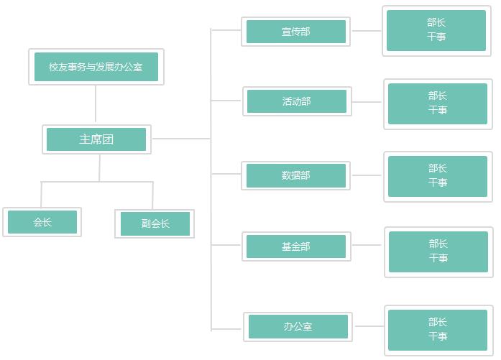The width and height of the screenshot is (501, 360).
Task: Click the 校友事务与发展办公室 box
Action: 96,67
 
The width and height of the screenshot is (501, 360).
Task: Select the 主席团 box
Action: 96,139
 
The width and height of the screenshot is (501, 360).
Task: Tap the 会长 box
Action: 42,222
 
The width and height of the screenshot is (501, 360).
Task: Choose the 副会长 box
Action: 155,223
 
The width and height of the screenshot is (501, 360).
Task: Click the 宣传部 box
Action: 296,32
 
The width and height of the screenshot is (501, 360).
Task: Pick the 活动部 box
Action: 297,101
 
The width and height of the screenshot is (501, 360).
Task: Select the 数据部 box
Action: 296,175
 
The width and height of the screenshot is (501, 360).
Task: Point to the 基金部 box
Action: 296,246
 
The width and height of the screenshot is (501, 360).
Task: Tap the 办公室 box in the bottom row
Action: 298,327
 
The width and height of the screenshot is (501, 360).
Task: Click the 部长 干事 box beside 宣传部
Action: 436,30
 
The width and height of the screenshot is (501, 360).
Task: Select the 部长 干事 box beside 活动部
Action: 438,103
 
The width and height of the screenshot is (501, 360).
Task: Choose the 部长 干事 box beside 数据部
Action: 438,176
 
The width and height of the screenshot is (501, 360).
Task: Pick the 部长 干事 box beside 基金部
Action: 438,251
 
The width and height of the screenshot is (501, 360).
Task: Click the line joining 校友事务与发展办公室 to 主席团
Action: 96,104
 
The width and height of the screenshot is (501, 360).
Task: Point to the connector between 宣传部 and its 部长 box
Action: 367,31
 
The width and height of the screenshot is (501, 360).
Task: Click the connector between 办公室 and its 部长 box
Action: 369,326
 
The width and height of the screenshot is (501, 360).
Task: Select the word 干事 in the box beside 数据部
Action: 438,183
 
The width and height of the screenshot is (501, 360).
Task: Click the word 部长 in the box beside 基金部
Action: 438,244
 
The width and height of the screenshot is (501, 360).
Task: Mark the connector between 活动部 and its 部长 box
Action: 368,102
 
